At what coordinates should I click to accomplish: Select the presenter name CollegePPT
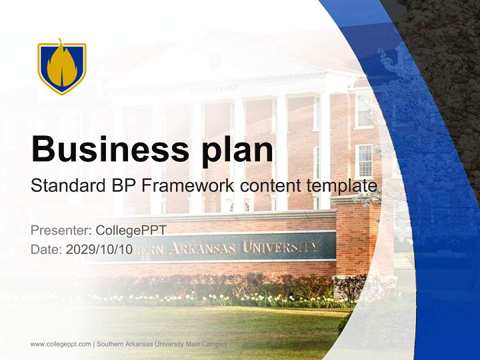[131, 230]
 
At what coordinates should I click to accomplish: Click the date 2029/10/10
[99, 249]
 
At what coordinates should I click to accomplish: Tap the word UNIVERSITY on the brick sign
[280, 247]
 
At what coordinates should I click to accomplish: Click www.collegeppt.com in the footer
[60, 344]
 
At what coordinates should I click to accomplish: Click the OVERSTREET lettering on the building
[214, 89]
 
